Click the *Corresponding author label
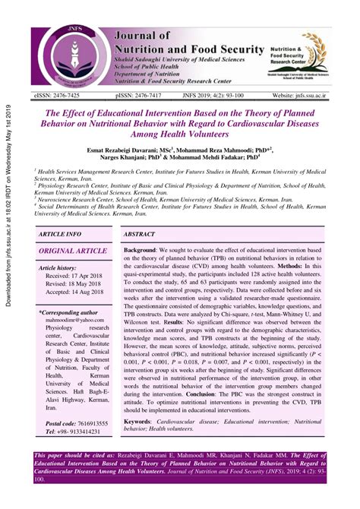point(68,311)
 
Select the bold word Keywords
point(143,420)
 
